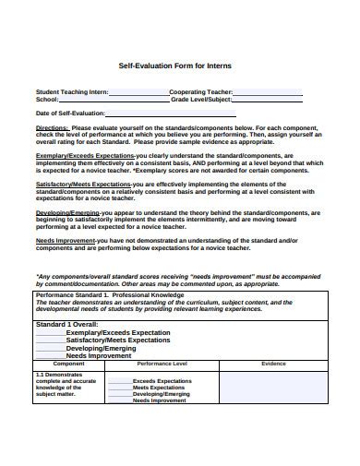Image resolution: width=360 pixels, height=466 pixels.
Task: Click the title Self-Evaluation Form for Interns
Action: pyautogui.click(x=179, y=66)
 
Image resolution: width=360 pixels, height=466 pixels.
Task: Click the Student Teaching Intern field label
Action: pyautogui.click(x=72, y=92)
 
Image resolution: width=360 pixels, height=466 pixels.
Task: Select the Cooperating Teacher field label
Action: pyautogui.click(x=201, y=92)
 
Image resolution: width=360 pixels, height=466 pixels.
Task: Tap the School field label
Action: pyautogui.click(x=47, y=100)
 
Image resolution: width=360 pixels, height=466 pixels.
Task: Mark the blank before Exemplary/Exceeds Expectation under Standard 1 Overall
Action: pyautogui.click(x=50, y=332)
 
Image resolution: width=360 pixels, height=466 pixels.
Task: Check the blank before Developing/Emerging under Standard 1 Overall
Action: pyautogui.click(x=50, y=347)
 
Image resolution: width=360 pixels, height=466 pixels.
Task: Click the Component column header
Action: pyautogui.click(x=69, y=364)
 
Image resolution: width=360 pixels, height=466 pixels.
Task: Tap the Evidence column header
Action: pyautogui.click(x=273, y=364)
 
